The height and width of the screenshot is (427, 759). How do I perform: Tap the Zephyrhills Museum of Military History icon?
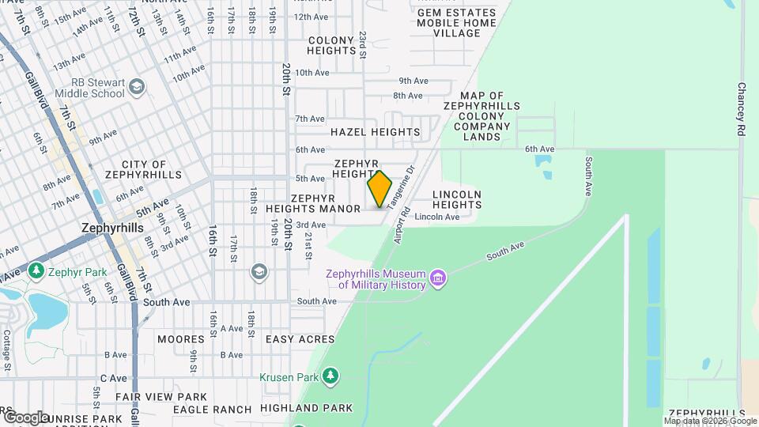437,278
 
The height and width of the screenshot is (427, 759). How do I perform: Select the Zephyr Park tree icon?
36,272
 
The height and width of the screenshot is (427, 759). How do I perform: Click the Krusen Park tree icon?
331,376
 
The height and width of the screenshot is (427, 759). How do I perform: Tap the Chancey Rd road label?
741,109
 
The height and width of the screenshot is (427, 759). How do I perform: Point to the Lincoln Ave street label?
436,217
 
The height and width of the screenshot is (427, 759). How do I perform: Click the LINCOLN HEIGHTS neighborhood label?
457,199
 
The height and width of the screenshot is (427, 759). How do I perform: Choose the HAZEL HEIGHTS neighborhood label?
375,132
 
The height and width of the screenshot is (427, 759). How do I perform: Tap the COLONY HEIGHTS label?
333,45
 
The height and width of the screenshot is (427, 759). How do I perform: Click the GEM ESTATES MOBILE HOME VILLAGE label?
456,23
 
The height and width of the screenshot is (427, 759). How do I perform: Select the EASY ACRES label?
300,339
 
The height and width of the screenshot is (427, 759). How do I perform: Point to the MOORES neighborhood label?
180,339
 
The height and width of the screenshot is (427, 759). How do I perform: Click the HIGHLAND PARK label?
317,408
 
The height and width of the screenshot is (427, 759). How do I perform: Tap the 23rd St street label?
363,44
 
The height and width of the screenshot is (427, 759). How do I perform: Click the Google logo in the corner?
25,417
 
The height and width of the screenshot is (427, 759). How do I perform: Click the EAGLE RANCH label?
206,409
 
